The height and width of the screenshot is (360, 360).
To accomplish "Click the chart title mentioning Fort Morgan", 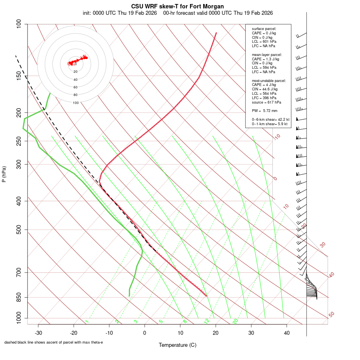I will pyautogui.click(x=178, y=6).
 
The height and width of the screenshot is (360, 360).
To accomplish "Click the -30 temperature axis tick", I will pyautogui.click(x=38, y=333).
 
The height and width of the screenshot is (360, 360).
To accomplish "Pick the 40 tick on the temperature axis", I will pyautogui.click(x=286, y=333).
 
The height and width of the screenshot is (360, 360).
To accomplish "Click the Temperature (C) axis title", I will pyautogui.click(x=177, y=345).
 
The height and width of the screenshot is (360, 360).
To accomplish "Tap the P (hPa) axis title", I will pyautogui.click(x=4, y=174).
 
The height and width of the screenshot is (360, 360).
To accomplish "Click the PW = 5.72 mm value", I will pyautogui.click(x=264, y=110).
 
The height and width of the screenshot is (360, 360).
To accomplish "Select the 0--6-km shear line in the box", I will pyautogui.click(x=270, y=119).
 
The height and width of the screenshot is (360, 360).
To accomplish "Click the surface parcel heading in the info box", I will pyautogui.click(x=264, y=29).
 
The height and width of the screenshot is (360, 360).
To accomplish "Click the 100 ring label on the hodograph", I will pyautogui.click(x=76, y=103).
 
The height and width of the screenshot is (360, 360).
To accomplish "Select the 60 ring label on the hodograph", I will pyautogui.click(x=76, y=87).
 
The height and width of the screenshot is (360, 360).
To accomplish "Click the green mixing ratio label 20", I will pyautogui.click(x=235, y=321).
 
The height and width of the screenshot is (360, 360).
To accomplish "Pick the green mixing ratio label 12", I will pyautogui.click(x=207, y=321).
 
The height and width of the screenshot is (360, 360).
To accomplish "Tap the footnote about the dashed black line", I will pyautogui.click(x=54, y=342).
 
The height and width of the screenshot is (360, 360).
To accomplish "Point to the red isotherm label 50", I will pyautogui.click(x=331, y=314).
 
